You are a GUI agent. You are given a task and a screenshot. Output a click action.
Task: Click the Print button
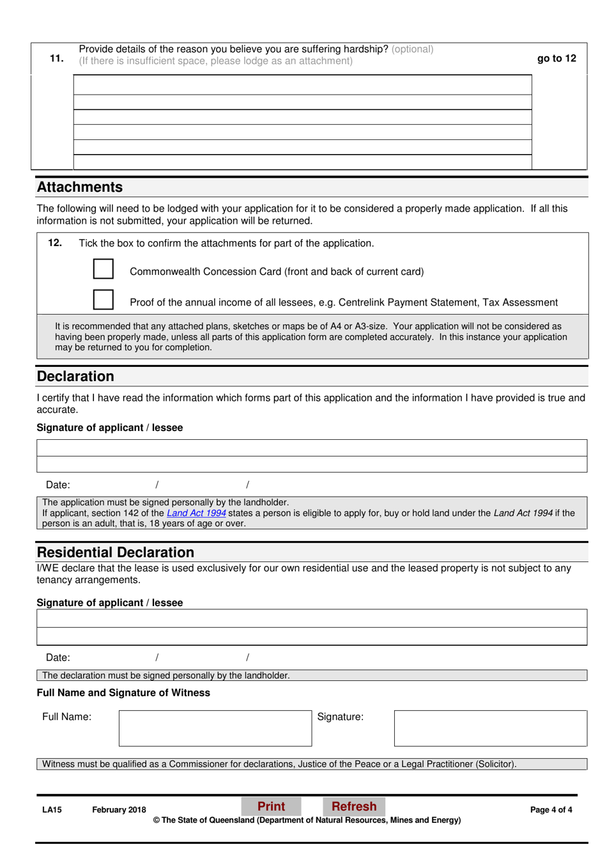point(271,806)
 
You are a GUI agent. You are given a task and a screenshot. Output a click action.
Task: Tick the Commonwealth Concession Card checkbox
point(104,269)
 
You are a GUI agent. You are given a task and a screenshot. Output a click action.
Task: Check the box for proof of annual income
point(104,300)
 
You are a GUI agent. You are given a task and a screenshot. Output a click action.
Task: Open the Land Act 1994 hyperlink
point(196,513)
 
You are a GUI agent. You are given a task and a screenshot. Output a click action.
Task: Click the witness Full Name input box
point(215,728)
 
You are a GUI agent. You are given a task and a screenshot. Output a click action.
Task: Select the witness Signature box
point(490,728)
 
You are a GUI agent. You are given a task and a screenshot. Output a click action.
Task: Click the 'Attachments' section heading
point(80,187)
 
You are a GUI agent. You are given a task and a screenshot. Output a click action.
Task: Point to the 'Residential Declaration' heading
point(116,552)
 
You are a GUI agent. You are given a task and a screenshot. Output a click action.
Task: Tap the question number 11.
point(56,58)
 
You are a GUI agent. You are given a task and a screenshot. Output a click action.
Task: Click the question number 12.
point(55,243)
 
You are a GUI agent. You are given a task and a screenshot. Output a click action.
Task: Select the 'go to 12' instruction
point(556,58)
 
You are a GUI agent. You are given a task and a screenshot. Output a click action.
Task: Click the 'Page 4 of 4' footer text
point(551,809)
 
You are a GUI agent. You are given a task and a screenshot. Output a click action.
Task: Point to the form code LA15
point(52,809)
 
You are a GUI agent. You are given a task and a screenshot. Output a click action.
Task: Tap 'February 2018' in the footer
point(119,809)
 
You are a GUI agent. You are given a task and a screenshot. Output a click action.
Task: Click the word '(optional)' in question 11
point(412,49)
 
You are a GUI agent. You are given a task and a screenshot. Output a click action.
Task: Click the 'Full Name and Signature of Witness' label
point(123,693)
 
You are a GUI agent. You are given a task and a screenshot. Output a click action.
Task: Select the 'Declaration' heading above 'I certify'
point(75,377)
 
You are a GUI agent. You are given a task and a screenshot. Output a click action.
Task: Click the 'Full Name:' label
point(66,717)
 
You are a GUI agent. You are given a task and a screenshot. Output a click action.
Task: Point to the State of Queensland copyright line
point(307,820)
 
